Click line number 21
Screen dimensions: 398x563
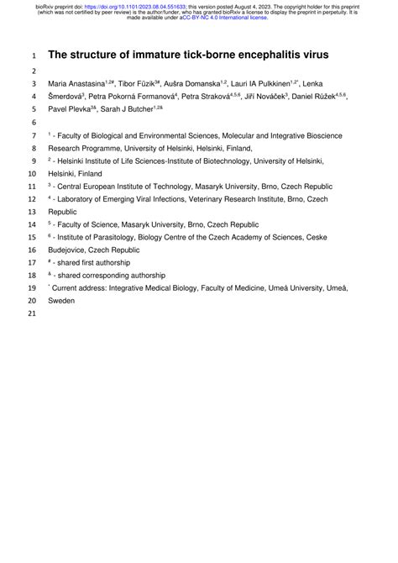33,314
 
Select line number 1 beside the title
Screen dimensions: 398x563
33,55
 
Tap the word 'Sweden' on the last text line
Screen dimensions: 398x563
61,300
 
